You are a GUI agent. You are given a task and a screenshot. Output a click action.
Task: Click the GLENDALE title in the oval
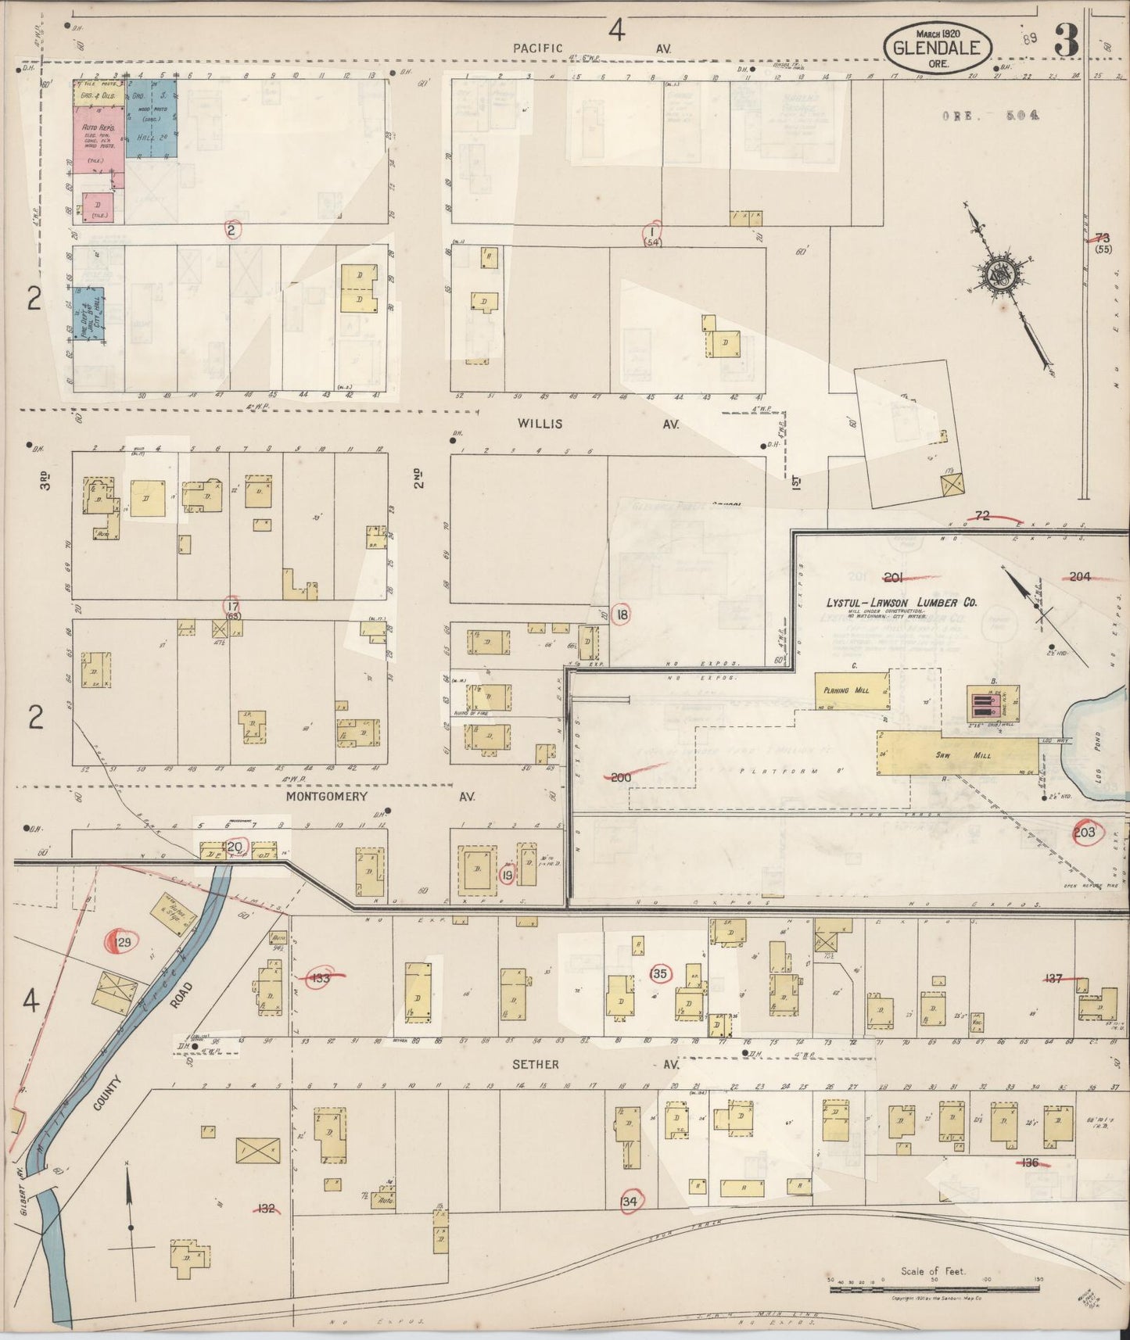[937, 48]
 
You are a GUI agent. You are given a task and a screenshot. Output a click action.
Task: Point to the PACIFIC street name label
[538, 48]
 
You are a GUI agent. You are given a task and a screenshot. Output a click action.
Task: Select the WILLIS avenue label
[540, 424]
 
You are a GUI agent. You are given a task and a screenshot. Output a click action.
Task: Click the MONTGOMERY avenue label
[326, 796]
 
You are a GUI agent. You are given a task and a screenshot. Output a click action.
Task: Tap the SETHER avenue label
[536, 1064]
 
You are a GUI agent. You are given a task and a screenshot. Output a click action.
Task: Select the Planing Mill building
[851, 690]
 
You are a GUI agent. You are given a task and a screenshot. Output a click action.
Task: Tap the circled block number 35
[660, 973]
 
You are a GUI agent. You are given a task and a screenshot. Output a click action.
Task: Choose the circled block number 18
[622, 614]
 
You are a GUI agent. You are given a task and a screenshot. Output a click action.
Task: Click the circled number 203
[1085, 832]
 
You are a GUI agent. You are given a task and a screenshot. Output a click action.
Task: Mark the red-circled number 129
[123, 943]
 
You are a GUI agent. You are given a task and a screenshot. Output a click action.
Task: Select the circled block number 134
[630, 1202]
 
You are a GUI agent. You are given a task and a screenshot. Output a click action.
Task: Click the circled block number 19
[508, 876]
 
